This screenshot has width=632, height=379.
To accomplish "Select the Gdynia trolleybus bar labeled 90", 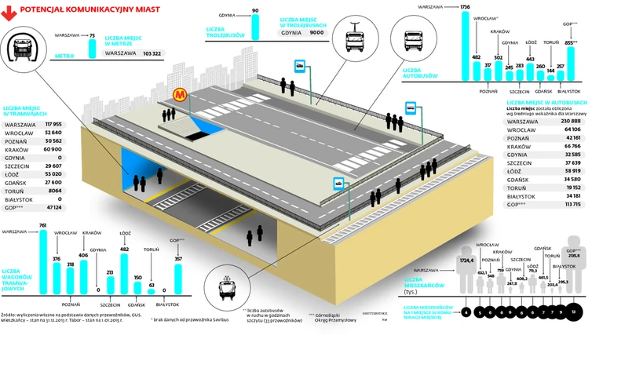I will pyautogui.click(x=255, y=26).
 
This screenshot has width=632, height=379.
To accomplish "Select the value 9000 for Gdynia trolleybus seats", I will pyautogui.click(x=316, y=33).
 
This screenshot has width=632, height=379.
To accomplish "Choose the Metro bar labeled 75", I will pyautogui.click(x=92, y=47).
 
